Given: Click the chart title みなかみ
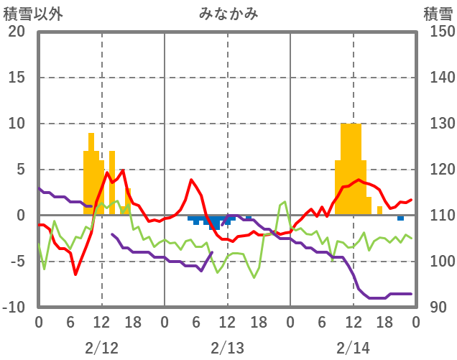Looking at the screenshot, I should (228, 13).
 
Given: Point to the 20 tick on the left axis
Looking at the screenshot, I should (17, 32).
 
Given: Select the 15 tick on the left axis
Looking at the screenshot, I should (17, 78).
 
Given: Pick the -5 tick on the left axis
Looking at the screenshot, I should (17, 262).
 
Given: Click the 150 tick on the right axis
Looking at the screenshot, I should (437, 32).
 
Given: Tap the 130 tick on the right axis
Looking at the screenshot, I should (437, 124).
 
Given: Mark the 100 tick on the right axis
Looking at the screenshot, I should (437, 262).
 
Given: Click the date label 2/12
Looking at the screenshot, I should (101, 348).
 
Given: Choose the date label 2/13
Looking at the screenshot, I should (228, 348).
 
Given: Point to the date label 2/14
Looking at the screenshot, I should (354, 348).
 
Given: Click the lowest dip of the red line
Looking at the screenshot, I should (75, 274).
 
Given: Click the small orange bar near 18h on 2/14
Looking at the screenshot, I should (379, 211).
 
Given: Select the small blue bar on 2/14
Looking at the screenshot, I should (400, 218).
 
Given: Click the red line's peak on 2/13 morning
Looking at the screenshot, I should (191, 180).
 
